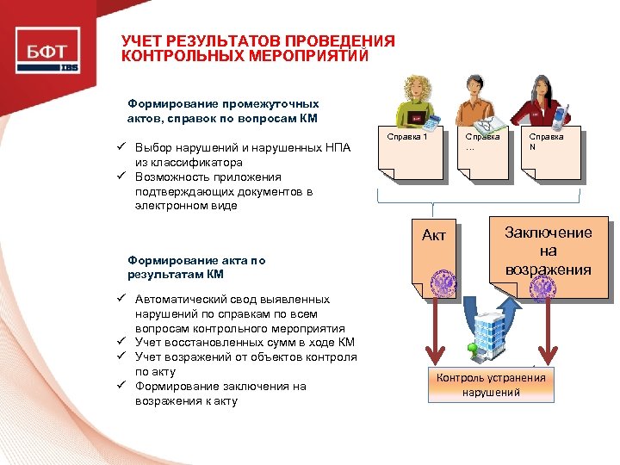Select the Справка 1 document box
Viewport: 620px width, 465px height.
click(412, 155)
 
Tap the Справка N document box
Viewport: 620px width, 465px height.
click(550, 155)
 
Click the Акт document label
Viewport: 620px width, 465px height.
click(434, 235)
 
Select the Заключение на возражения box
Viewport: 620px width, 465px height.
click(549, 251)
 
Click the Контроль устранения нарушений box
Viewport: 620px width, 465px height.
click(491, 384)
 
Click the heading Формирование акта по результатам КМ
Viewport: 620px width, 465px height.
click(196, 267)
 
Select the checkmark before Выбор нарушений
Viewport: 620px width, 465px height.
click(123, 147)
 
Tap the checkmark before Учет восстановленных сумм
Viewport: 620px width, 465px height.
click(123, 342)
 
